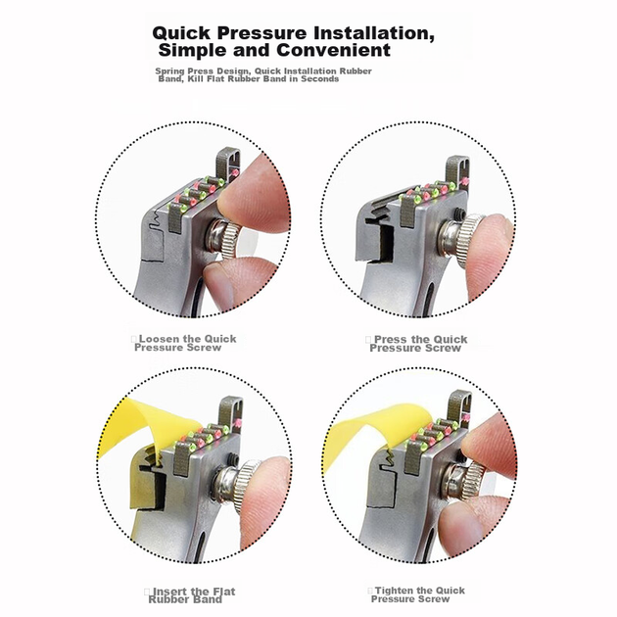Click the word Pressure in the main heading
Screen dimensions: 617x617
click(x=261, y=32)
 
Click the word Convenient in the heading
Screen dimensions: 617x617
click(x=333, y=50)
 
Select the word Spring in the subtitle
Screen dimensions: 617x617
click(x=169, y=71)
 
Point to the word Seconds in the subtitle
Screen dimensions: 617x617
click(x=319, y=78)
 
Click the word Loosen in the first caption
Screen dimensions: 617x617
click(x=159, y=339)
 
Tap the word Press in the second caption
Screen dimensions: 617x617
click(x=391, y=339)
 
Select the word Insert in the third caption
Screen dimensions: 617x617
click(x=171, y=592)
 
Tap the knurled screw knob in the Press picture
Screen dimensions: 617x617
click(x=471, y=242)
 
